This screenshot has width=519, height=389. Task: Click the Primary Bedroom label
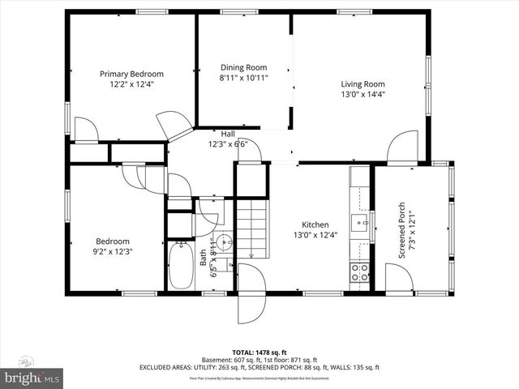(x=131, y=74)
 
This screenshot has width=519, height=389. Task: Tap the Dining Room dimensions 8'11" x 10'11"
(x=243, y=78)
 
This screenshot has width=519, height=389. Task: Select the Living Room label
(x=362, y=83)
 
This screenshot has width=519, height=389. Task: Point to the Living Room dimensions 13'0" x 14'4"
(x=362, y=93)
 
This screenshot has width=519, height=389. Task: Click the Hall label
(x=228, y=134)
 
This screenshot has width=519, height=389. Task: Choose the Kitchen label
(x=315, y=224)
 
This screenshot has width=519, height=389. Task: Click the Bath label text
(x=203, y=257)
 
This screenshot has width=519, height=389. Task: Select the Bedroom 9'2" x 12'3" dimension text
(x=113, y=251)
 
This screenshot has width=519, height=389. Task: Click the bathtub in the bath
(x=179, y=267)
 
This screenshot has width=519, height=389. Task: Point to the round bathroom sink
(x=225, y=242)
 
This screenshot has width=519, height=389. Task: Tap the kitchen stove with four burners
(x=359, y=273)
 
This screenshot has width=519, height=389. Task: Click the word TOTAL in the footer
(x=246, y=353)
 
